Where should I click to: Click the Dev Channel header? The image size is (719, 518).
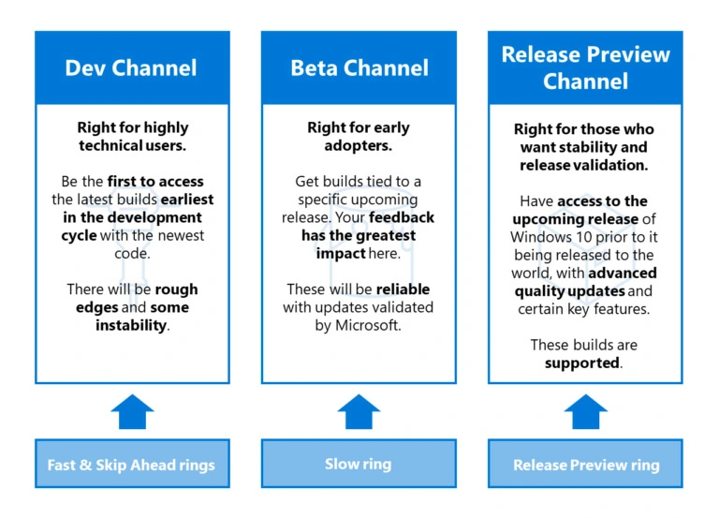pos(131,67)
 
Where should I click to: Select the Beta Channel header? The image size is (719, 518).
pos(359,67)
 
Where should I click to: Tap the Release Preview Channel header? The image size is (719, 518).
pos(585,67)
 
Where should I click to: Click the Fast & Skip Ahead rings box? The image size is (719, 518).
pos(131,465)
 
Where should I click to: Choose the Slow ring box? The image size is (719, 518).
pos(359,464)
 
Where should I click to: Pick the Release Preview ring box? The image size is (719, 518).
pos(585,465)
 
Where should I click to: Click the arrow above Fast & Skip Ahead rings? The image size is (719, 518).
pos(132,411)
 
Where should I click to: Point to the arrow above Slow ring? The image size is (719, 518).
pos(359,411)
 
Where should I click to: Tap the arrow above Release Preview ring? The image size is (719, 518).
pos(586,411)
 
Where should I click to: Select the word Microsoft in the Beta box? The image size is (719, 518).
pos(369,326)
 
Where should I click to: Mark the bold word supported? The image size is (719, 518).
pos(581,363)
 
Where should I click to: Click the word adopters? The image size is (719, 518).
pos(359,146)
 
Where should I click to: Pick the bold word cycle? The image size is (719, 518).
pos(80,236)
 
